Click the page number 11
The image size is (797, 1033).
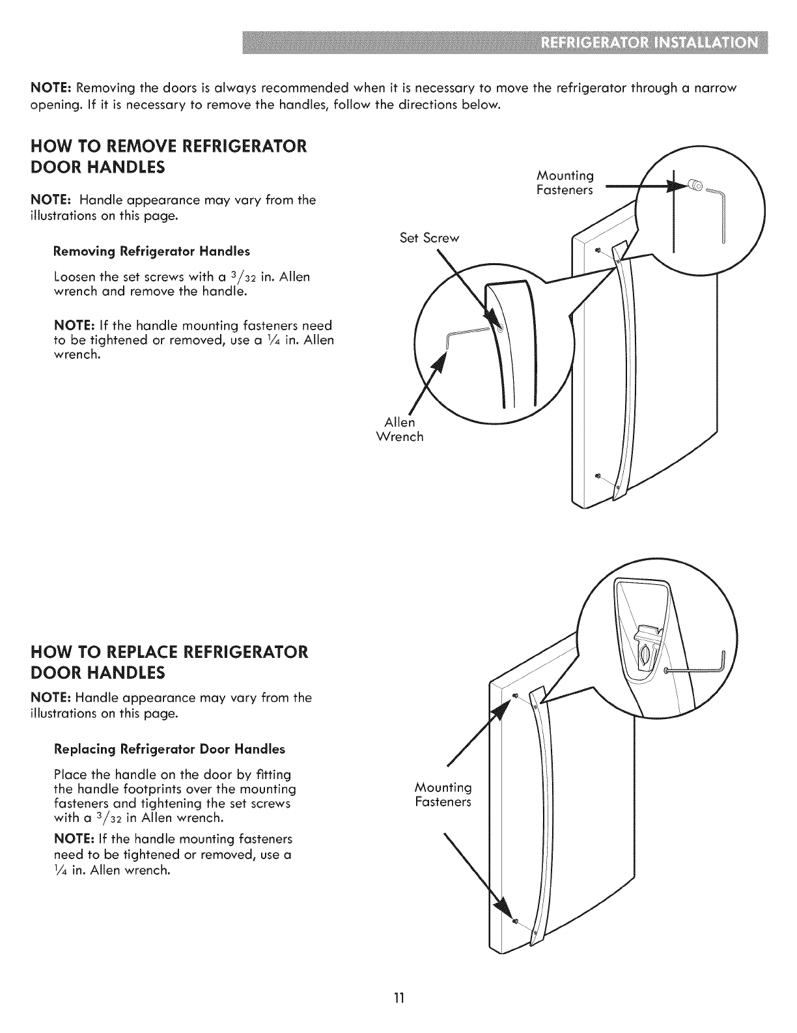coord(399,998)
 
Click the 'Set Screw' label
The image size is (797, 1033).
coord(429,238)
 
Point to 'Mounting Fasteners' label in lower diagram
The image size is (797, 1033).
coord(443,795)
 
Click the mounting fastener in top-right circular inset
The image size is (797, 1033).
coord(692,187)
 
